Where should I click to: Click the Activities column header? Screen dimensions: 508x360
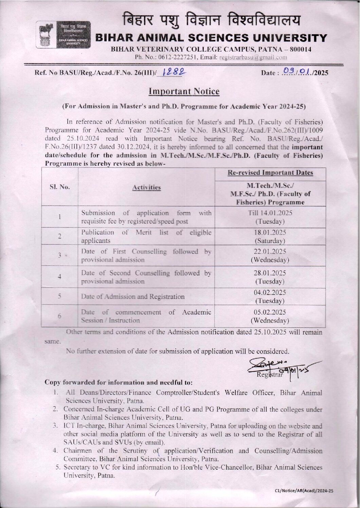(x=146, y=187)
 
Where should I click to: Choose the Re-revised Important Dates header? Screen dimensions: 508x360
(x=270, y=173)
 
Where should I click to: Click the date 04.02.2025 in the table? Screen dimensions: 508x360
(x=270, y=293)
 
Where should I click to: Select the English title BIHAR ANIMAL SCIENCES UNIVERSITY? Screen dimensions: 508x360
(x=212, y=38)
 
